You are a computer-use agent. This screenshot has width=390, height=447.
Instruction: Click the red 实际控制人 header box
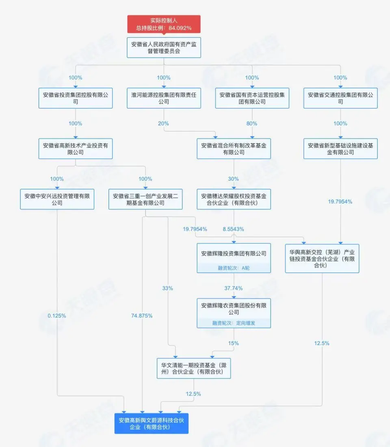pos(164,24)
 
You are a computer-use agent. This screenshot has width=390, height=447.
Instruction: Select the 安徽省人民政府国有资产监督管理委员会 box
pos(164,48)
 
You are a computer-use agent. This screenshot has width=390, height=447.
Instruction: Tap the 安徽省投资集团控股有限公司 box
pos(75,98)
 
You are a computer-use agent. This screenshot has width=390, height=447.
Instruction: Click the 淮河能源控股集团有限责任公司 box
pos(164,98)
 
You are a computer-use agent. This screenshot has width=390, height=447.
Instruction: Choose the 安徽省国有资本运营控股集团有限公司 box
pos(252,98)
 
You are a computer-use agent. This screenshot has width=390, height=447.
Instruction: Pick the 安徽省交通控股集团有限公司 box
pos(340,98)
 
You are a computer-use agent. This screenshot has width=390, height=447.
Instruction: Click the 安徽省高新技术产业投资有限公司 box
pos(75,149)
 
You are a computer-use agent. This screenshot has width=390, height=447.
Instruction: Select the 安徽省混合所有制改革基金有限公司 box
pos(234,149)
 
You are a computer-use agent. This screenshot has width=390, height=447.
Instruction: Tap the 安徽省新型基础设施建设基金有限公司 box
pos(340,149)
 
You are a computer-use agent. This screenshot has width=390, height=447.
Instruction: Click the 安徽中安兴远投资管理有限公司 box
pos(57,199)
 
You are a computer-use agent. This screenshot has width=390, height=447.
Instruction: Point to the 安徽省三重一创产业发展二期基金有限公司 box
pos(145,199)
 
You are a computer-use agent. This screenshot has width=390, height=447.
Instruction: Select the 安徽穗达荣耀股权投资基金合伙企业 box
pos(234,199)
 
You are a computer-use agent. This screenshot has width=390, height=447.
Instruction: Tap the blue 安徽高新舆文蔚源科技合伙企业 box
pos(152,423)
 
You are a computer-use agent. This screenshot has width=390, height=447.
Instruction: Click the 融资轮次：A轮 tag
pos(234,268)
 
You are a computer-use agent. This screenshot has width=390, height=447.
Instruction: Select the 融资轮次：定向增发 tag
pos(234,323)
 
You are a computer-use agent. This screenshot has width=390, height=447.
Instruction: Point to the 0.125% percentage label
pos(57,315)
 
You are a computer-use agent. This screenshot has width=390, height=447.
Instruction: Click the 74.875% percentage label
pos(142,316)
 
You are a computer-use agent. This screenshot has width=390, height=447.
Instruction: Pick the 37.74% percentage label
pos(234,288)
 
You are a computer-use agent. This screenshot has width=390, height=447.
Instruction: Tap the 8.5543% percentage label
pos(234,229)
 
